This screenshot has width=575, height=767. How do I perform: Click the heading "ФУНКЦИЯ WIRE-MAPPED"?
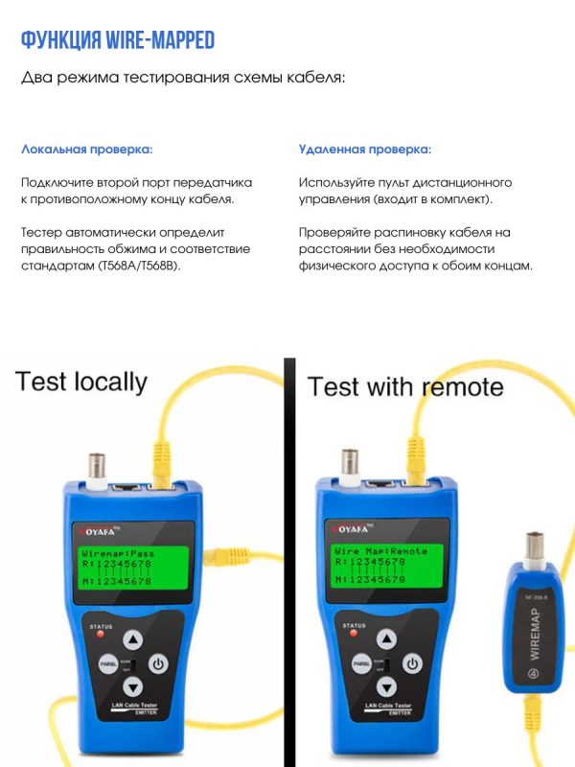coord(118,40)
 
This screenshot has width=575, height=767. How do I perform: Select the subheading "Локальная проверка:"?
coord(87,150)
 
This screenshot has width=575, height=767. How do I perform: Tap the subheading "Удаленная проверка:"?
coord(365,150)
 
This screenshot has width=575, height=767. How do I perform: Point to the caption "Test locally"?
coord(81,382)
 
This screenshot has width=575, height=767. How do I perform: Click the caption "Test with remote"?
coord(405,386)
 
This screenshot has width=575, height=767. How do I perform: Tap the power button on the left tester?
coord(158,663)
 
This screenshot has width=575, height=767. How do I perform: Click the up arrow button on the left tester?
coord(133,639)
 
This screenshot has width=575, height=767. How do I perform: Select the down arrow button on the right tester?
coord(387,686)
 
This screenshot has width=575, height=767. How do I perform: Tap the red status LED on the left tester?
coord(101,635)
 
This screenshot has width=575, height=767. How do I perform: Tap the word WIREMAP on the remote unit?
coord(535,634)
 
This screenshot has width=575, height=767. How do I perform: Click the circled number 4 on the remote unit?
coord(534,674)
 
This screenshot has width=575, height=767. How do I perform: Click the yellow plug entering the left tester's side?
coord(226,557)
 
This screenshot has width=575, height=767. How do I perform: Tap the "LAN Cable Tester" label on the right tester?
coord(388,706)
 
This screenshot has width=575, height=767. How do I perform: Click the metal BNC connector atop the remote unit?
coord(535,547)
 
